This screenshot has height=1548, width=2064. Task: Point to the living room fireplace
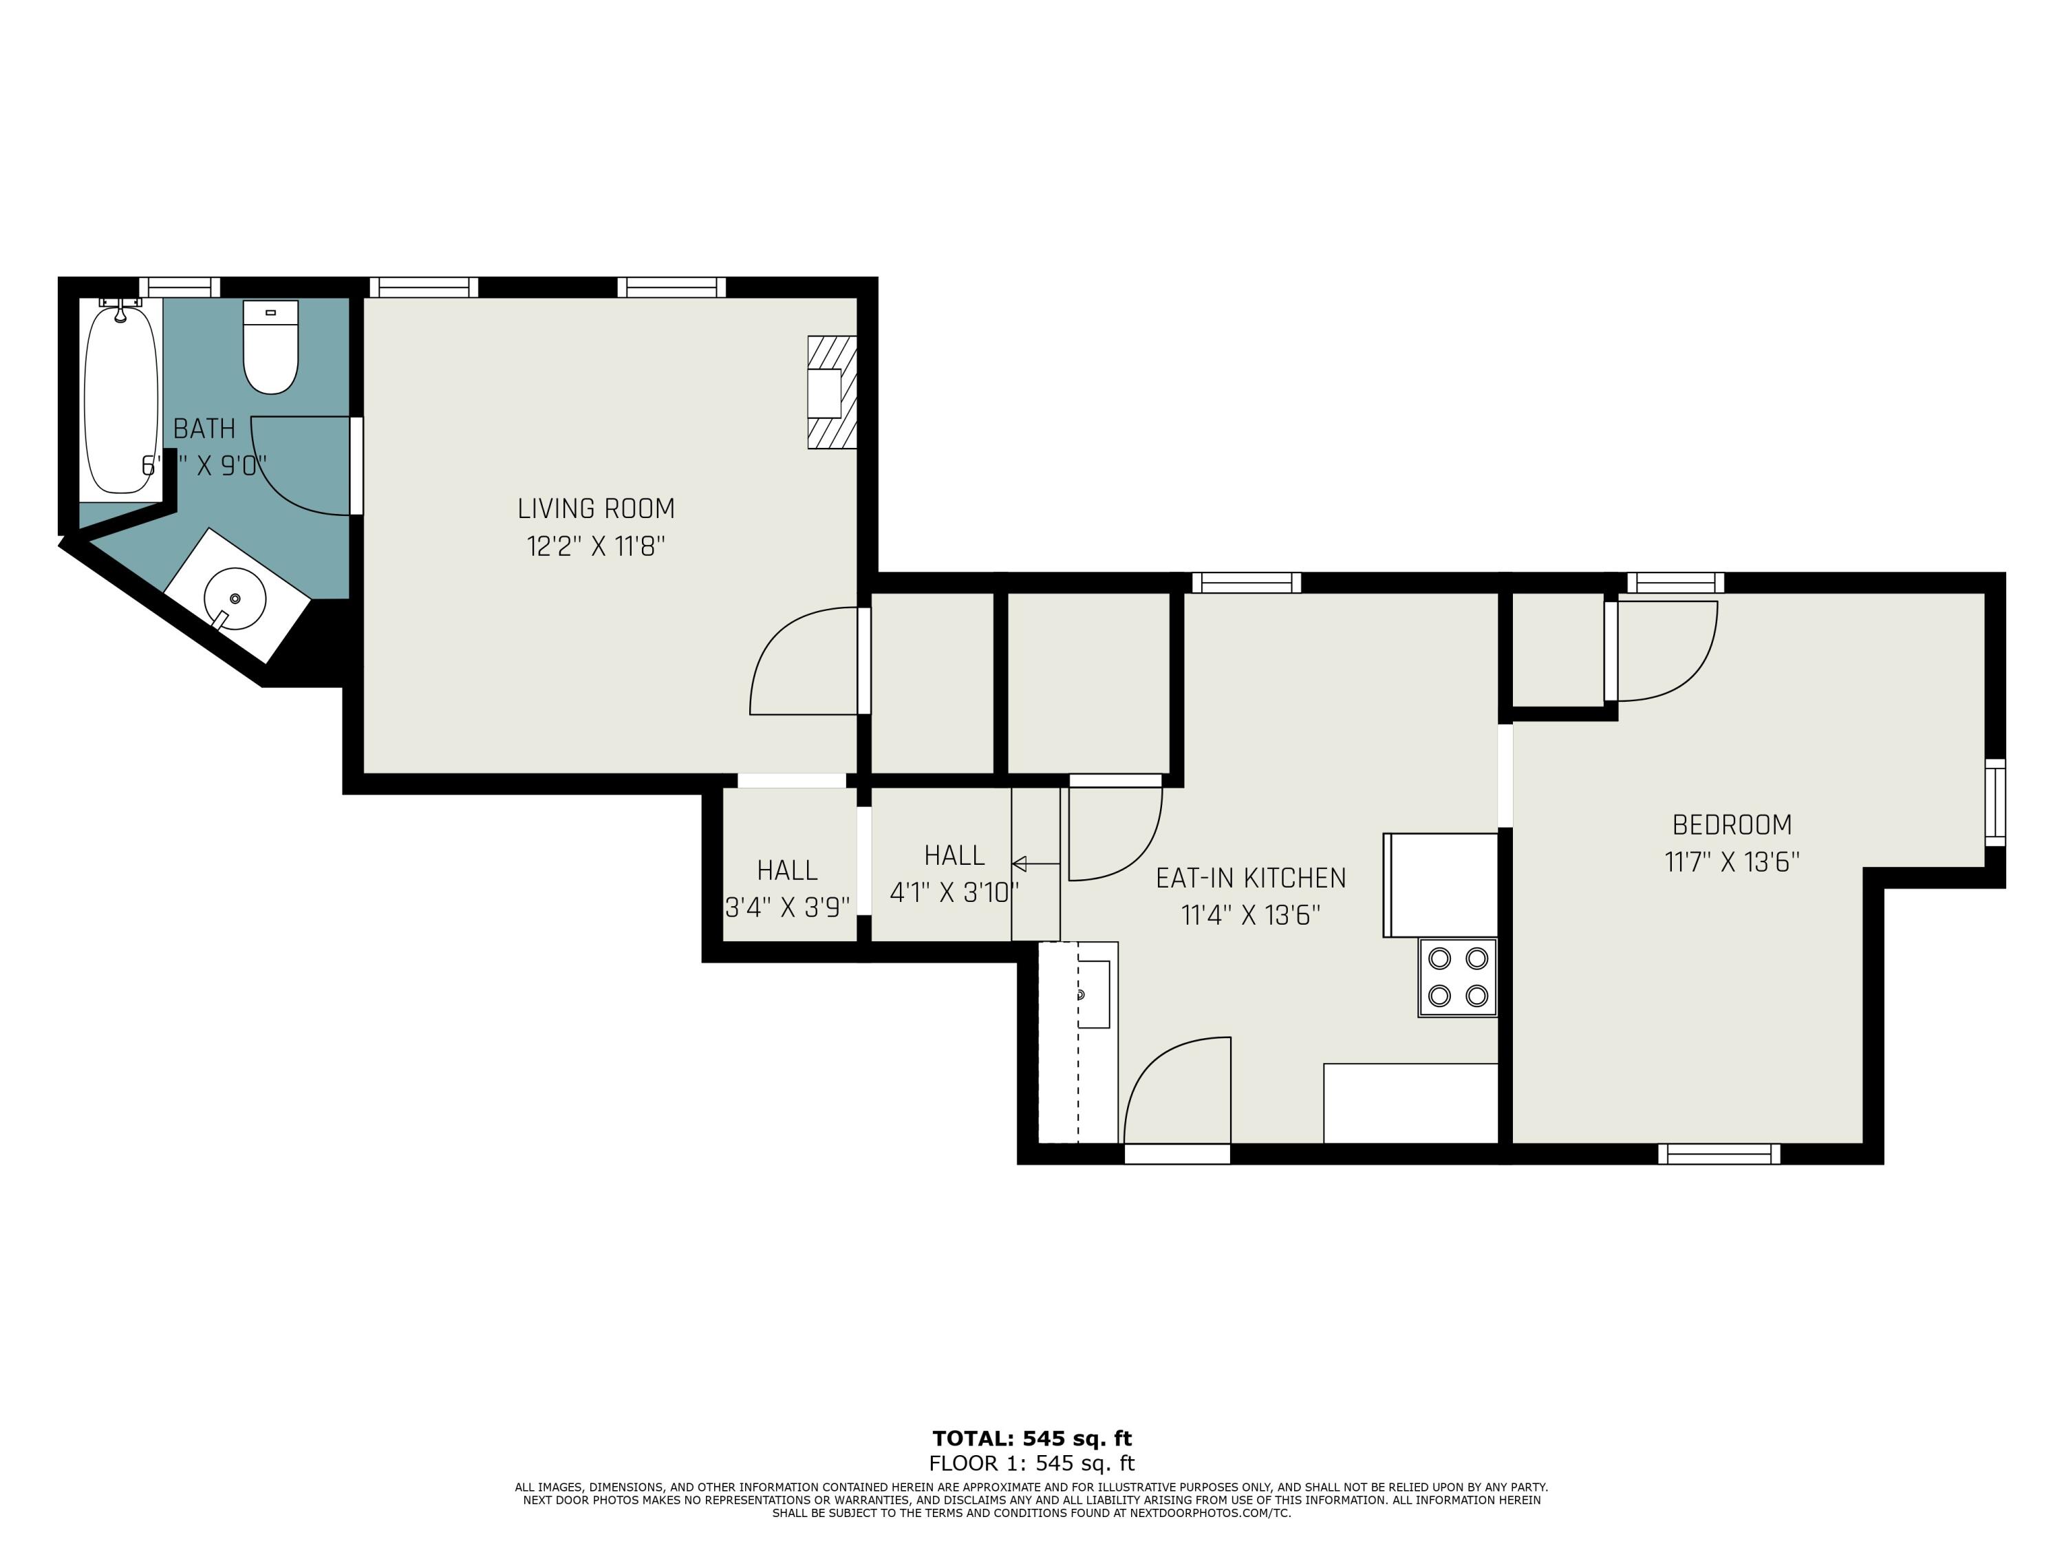tap(831, 393)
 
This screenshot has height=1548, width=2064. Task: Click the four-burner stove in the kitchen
tap(1457, 977)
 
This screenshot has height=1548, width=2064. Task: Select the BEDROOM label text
tap(1732, 825)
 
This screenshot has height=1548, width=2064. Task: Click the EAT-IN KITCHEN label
tap(1250, 878)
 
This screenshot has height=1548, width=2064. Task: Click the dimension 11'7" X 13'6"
tap(1732, 861)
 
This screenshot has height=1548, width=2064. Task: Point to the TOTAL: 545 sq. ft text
tap(1032, 1438)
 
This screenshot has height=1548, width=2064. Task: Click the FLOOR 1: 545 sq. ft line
tap(1032, 1463)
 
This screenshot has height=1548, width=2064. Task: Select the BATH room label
tap(204, 429)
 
